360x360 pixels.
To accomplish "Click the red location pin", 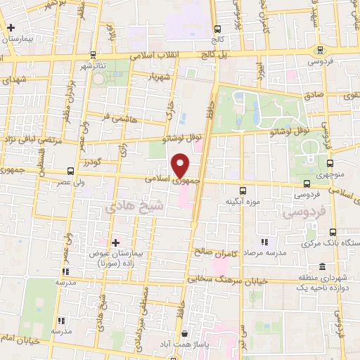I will click(181, 166).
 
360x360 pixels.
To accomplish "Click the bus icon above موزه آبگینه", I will click(243, 191).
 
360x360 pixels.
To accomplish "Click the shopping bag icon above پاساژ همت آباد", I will click(184, 333).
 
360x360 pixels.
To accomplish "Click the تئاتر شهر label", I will click(92, 66).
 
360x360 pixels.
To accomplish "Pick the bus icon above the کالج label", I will click(217, 30).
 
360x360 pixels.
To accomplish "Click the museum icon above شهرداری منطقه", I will click(322, 266).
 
